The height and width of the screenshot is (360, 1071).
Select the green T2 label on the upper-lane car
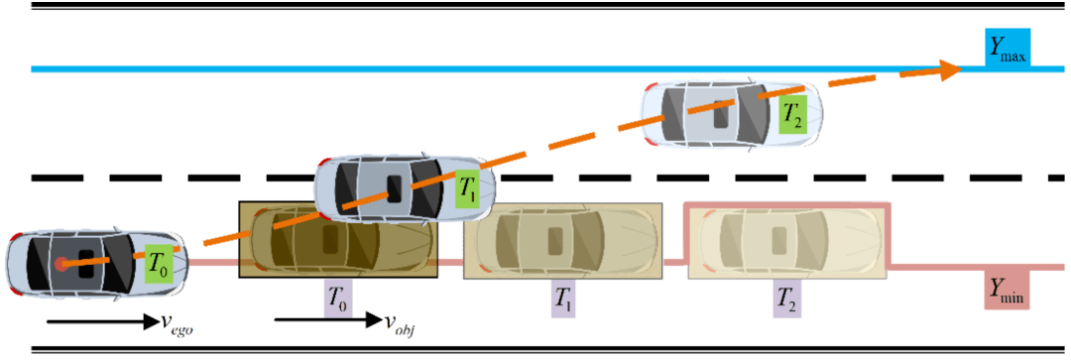coord(793,115)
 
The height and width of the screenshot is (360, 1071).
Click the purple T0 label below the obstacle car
coord(338,298)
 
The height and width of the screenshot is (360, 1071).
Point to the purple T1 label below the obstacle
coord(564,298)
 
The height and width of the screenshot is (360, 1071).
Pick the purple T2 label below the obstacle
coord(786,298)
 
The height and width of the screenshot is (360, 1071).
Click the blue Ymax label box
coord(1007,50)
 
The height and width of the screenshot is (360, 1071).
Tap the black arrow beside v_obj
coord(327,319)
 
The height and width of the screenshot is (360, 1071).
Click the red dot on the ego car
coord(60,263)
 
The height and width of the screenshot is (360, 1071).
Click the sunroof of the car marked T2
coord(721,113)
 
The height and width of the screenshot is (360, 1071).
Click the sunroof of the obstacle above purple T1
coord(554,240)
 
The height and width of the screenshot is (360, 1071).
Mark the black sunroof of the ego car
coord(86,264)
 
